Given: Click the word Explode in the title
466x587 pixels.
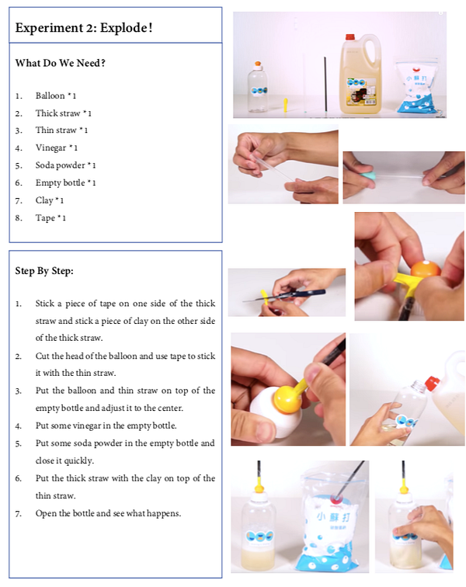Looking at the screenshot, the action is pos(126,28).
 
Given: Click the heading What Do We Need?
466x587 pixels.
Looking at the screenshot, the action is pos(61,63).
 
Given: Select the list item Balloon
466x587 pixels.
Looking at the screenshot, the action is pos(50,96).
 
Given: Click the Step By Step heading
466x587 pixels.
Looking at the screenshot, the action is pos(44,271).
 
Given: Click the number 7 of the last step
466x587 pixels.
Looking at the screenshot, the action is pos(18,514).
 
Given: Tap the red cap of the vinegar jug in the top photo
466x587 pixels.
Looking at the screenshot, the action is pos(349,36).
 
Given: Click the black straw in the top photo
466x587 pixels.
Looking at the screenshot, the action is pos(325,84).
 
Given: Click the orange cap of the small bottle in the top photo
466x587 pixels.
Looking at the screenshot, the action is pos(258,65).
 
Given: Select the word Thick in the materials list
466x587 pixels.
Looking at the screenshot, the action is pos(45,113).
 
